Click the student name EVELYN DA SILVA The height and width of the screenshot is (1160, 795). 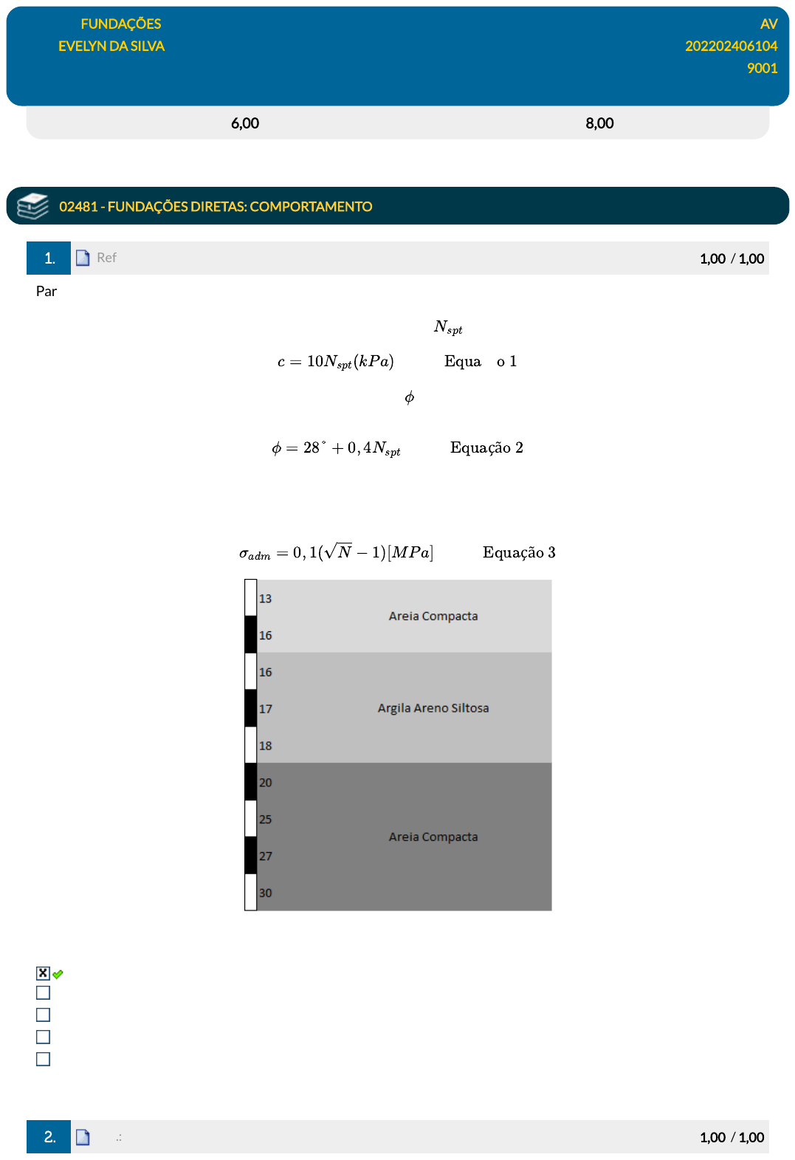[x=111, y=46]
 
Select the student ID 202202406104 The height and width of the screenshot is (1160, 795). [x=731, y=46]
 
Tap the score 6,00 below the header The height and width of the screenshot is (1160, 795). [x=245, y=123]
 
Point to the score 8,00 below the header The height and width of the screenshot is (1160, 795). [x=599, y=123]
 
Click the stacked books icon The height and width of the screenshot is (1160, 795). [x=32, y=206]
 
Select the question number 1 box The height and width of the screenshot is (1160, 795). [x=49, y=258]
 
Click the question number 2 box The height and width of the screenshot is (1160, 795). [x=49, y=1136]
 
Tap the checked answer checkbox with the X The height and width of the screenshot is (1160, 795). [x=43, y=973]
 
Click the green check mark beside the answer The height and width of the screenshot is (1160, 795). [x=58, y=974]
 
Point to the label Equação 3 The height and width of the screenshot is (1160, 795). [x=519, y=552]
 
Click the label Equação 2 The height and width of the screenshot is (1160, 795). [x=486, y=447]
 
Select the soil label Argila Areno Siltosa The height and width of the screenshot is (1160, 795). [x=433, y=708]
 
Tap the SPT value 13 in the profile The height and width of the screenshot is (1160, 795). [x=265, y=599]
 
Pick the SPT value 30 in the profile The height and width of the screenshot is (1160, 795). [x=265, y=893]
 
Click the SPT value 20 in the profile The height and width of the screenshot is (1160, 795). [x=265, y=783]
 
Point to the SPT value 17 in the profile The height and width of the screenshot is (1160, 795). [x=265, y=709]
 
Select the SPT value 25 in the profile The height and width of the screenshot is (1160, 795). [x=265, y=820]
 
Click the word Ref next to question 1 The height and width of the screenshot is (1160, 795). [x=106, y=258]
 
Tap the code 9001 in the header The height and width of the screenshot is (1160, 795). [x=762, y=68]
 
